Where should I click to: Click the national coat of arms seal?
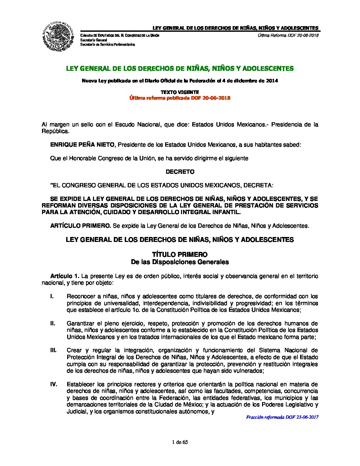click(x=58, y=36)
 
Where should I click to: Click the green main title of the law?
click(x=180, y=69)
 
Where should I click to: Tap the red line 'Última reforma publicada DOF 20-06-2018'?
click(x=180, y=98)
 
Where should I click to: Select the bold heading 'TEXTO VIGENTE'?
click(x=180, y=92)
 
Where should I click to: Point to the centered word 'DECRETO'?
click(x=180, y=172)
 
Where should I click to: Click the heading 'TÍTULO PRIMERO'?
click(x=180, y=255)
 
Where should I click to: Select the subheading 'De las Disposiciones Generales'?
click(x=180, y=262)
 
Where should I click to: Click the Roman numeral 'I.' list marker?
click(x=52, y=296)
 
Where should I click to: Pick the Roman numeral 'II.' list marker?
click(x=53, y=323)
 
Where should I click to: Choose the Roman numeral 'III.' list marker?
click(x=53, y=350)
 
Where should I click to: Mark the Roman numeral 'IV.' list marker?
click(x=54, y=384)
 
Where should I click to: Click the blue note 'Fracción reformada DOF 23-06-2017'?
click(x=282, y=417)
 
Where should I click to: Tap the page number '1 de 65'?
click(x=180, y=442)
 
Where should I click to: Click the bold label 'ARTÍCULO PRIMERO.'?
click(x=80, y=226)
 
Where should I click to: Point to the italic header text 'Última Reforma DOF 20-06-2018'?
click(x=288, y=35)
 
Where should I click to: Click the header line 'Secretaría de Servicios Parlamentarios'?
click(x=108, y=44)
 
